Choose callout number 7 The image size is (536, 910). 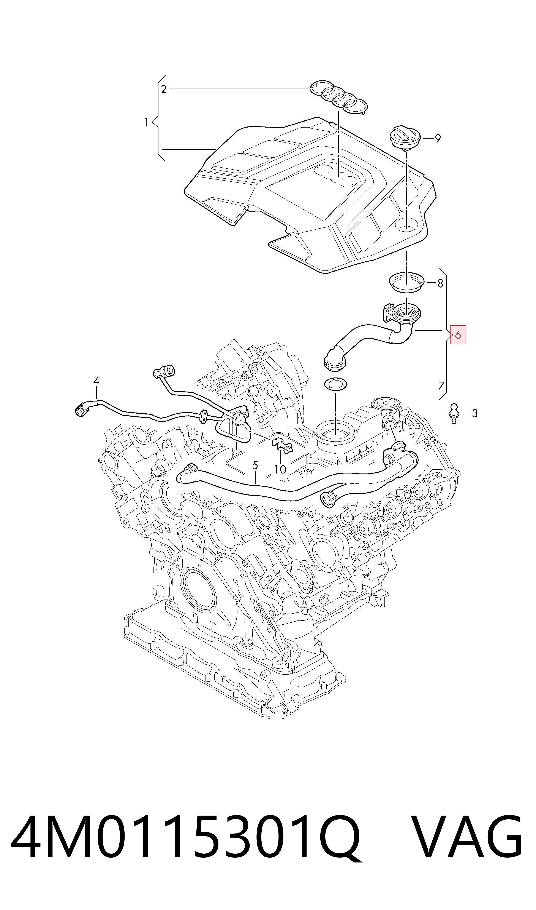441,386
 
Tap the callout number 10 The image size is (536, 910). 280,469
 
